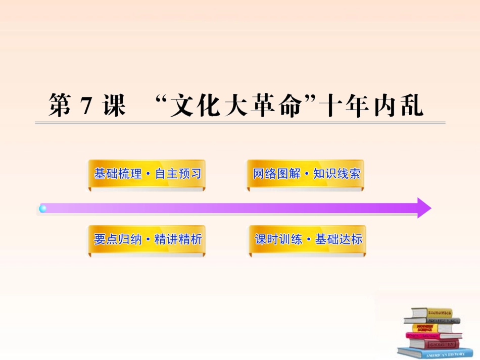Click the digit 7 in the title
click(84, 107)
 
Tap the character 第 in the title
click(60, 107)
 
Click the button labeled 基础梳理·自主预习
click(148, 174)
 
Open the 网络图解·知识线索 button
click(306, 174)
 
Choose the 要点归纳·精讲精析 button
click(148, 239)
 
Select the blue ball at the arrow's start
click(43, 208)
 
